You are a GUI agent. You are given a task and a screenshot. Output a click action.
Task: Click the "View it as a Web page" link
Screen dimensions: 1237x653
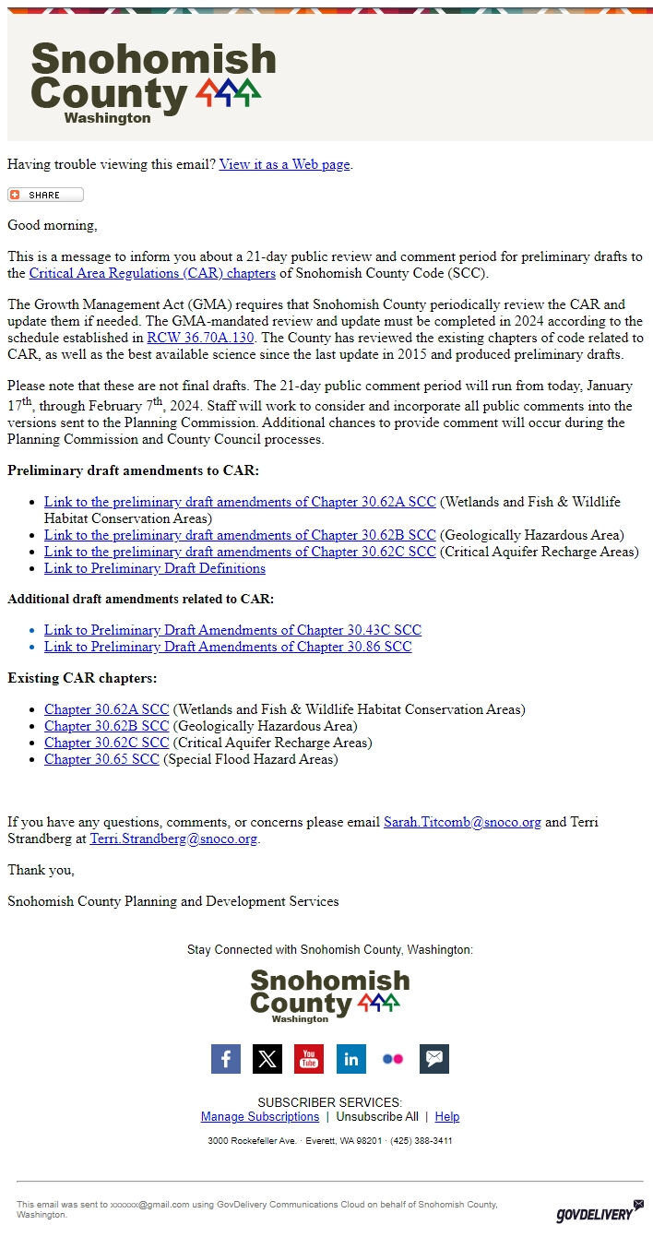coord(284,164)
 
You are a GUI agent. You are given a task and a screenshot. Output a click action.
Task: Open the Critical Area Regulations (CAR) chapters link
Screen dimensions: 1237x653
coord(152,273)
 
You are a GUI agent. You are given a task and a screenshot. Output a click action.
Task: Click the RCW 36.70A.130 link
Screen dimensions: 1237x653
coord(200,338)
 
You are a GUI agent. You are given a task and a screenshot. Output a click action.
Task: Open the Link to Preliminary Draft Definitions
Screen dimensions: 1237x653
coord(154,568)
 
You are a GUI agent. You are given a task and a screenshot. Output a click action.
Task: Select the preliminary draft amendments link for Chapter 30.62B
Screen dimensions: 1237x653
coord(240,535)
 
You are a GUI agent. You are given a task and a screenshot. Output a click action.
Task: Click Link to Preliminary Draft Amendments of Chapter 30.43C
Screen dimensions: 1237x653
coord(232,630)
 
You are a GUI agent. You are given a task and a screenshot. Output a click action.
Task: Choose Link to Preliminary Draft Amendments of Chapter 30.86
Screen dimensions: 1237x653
coord(228,647)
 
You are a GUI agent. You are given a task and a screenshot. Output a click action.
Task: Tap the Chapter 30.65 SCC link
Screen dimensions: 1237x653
coord(101,759)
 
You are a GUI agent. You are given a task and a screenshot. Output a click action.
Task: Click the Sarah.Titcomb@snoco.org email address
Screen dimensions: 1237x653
coord(462,822)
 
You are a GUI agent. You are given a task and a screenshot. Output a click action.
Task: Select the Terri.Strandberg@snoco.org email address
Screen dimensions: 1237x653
coord(173,839)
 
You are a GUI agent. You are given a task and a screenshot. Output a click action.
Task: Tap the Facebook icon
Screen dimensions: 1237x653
coord(226,1059)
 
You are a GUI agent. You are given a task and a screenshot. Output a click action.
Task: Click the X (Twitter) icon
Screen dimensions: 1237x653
coord(267,1059)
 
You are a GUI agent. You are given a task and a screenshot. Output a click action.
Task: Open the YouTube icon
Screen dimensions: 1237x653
coord(309,1059)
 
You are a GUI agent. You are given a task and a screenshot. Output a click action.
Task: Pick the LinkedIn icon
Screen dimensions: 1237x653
coord(350,1059)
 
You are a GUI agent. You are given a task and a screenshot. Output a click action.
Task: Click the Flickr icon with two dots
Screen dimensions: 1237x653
coord(392,1059)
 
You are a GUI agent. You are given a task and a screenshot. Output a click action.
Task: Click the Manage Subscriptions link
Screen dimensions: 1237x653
coord(260,1116)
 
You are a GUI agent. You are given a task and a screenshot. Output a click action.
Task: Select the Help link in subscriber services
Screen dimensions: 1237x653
coord(447,1116)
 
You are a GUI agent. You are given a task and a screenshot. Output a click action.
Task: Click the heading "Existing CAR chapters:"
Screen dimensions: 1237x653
coord(82,678)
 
